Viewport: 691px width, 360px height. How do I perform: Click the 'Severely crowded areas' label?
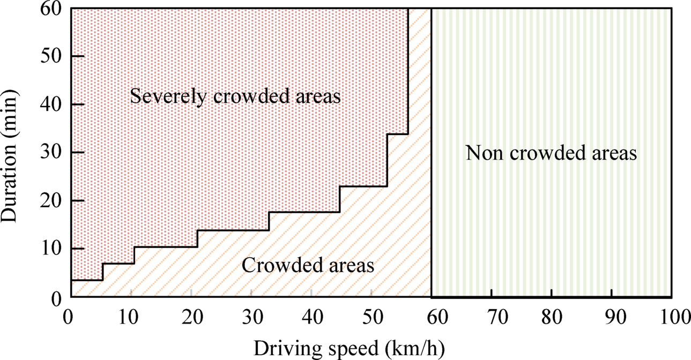tap(236, 97)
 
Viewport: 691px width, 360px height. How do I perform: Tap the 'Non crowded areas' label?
tap(551, 154)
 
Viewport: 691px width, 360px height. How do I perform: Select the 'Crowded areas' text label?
tap(308, 265)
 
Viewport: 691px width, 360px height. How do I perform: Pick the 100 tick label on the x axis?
tap(672, 317)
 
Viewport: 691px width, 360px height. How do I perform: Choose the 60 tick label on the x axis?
tap(432, 317)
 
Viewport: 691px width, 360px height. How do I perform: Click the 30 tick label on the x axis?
tap(251, 317)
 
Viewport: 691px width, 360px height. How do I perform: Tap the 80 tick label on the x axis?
tap(552, 317)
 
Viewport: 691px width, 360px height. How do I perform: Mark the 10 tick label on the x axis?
tap(131, 317)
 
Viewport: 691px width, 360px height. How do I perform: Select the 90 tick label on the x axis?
tap(612, 317)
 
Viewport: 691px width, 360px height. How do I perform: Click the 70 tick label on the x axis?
tap(492, 317)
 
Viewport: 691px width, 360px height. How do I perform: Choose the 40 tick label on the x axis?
tap(311, 317)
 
